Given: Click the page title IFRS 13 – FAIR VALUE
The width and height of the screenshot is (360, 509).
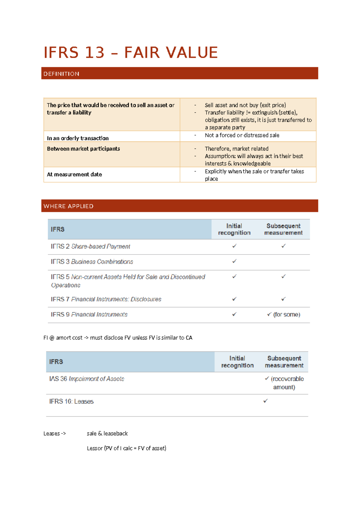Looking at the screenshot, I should tap(130, 53).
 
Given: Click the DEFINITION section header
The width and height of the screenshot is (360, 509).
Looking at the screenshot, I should tap(61, 74).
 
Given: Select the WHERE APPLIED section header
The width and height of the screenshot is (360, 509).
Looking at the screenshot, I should tap(68, 206).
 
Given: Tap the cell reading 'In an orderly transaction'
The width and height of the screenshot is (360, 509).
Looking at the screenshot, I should tap(78, 138).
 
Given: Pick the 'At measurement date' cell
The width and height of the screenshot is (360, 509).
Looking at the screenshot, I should tap(74, 174).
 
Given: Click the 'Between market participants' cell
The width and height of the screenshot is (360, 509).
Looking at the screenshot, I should tap(83, 149).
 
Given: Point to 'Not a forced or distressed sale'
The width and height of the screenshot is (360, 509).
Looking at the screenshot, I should tap(242, 135).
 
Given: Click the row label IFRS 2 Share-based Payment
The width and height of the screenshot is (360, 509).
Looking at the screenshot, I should tap(90, 246).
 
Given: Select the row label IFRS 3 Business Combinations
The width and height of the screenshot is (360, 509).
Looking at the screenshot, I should tap(92, 262).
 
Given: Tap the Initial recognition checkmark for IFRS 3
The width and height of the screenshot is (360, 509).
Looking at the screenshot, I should tap(234, 261).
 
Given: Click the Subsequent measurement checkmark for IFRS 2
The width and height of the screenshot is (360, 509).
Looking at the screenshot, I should tap(283, 246).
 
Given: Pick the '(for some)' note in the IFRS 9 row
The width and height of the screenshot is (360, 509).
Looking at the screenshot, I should tap(286, 315).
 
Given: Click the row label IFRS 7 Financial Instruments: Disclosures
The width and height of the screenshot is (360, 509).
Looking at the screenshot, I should tap(106, 299).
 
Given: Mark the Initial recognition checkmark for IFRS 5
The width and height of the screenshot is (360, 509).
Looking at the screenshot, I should tap(234, 276).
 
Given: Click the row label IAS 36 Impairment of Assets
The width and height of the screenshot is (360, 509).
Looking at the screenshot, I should tap(86, 379).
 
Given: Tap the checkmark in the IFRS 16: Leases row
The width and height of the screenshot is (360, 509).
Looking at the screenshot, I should tap(265, 401).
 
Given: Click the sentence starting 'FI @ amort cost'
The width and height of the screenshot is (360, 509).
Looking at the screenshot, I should tap(118, 338).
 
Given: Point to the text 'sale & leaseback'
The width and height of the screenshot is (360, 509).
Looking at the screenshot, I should tap(107, 433).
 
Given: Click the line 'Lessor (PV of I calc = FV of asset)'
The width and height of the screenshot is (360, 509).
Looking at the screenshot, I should tap(126, 448).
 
